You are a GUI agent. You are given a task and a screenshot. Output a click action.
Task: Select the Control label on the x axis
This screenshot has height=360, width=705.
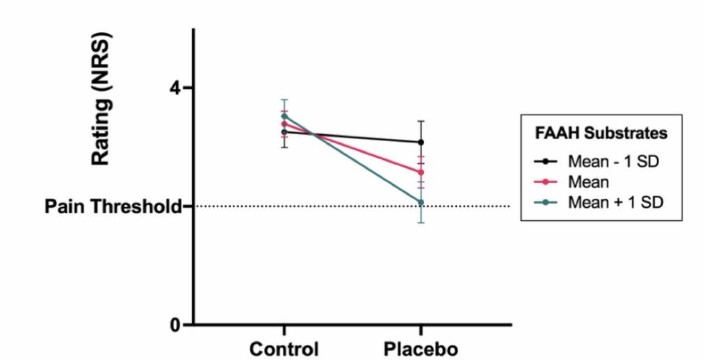284,348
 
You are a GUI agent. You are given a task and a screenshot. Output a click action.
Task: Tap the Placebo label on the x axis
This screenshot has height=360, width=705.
421,348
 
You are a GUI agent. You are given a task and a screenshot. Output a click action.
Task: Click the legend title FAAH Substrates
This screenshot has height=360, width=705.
602,132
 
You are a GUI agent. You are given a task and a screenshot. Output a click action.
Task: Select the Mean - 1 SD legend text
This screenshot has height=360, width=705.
613,162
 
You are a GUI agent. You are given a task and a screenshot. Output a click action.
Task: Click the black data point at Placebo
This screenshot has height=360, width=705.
421,142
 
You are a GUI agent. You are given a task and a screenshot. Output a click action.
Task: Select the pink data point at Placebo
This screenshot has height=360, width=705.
421,172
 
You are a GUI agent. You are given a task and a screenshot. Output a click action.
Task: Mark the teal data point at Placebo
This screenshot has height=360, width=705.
421,202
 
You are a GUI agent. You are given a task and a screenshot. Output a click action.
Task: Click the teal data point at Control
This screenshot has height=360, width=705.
284,116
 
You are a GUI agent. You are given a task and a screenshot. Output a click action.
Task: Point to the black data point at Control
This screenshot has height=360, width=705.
284,132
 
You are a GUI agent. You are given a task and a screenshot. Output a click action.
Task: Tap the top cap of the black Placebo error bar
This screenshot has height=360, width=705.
421,121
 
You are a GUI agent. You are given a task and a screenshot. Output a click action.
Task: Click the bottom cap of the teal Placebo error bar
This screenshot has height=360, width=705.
421,222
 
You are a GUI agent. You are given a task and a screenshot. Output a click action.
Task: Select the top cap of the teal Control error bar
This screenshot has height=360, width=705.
284,99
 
